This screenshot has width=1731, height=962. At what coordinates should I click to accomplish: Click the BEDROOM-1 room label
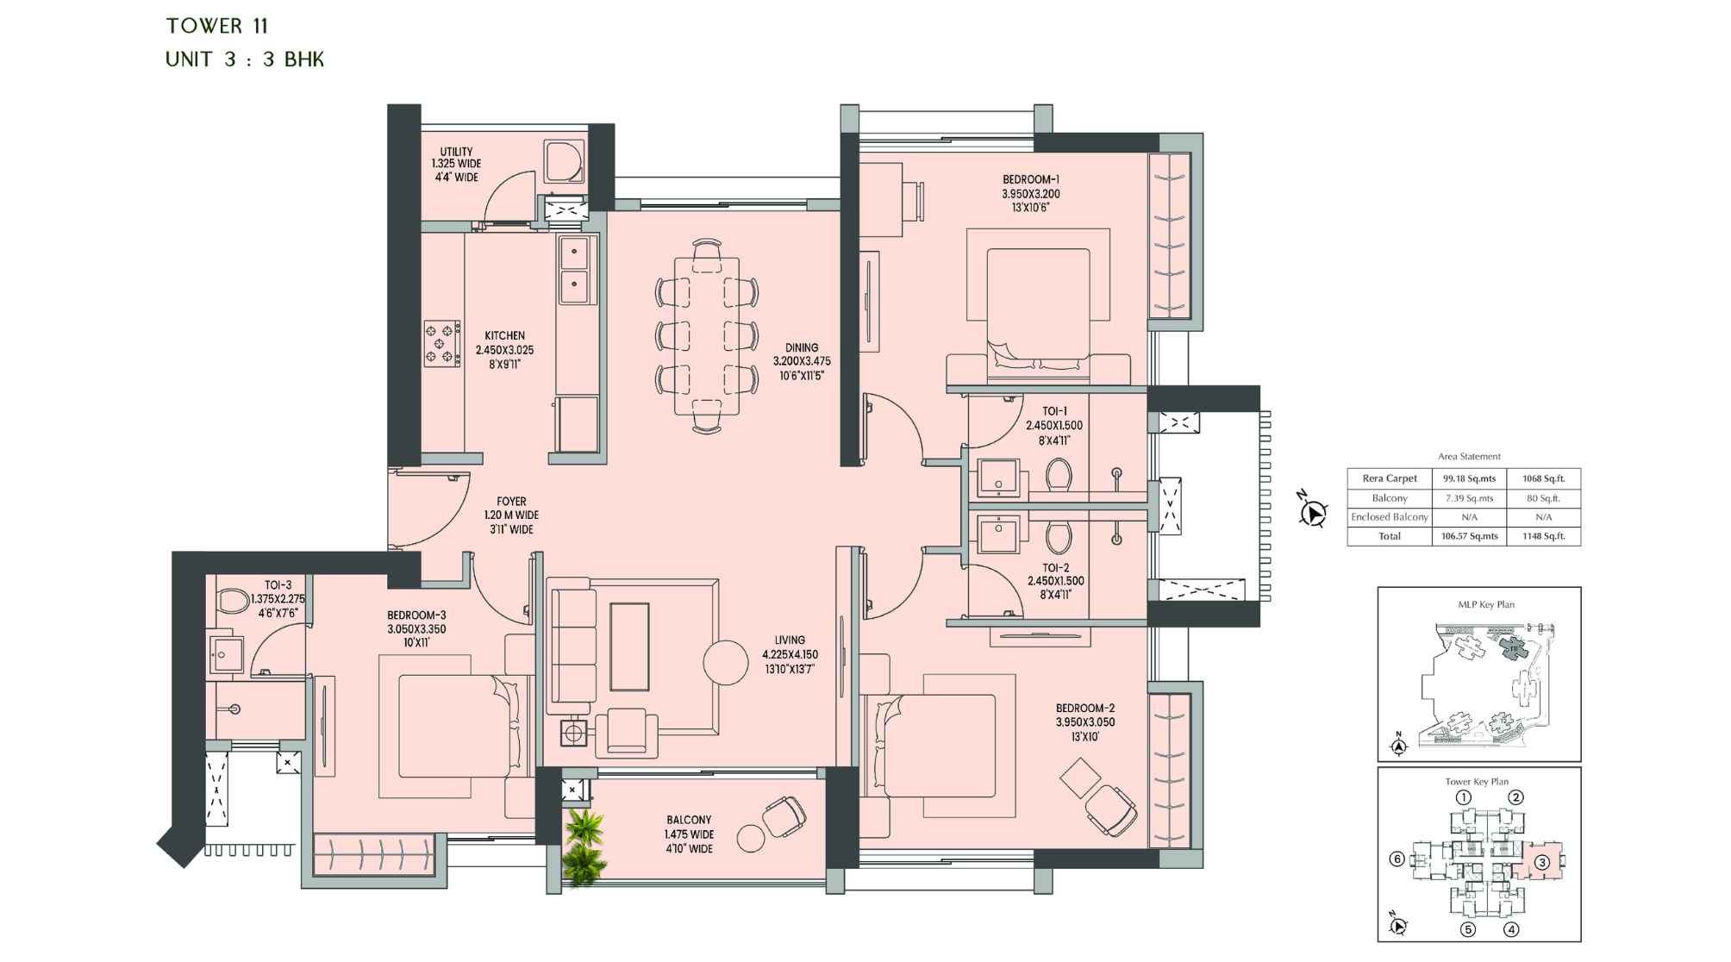pos(1030,180)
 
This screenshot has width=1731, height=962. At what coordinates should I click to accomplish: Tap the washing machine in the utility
pos(564,161)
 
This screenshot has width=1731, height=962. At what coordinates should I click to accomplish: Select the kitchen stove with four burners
pos(441,343)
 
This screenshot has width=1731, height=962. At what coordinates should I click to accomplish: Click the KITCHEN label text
pos(504,336)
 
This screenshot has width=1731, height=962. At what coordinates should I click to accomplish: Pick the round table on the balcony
pos(751,838)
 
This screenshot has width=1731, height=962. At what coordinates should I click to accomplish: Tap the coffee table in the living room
pos(629,647)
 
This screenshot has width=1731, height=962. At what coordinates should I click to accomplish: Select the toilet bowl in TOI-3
pos(232,600)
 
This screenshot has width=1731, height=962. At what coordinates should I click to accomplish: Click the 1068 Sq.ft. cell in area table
pos(1543,478)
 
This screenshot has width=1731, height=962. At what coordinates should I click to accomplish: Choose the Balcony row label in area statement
pos(1389,498)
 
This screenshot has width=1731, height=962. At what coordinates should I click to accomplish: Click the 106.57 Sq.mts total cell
pos(1469,536)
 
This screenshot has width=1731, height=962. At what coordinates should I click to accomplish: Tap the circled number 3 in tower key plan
pos(1541,862)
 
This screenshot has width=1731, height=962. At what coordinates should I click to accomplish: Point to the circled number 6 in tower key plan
pos(1397,859)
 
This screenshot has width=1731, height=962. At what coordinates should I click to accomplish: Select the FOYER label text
pos(511,502)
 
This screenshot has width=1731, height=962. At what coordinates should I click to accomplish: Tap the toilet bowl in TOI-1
pos(1059,474)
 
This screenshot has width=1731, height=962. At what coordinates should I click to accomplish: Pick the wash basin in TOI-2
pos(998,534)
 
